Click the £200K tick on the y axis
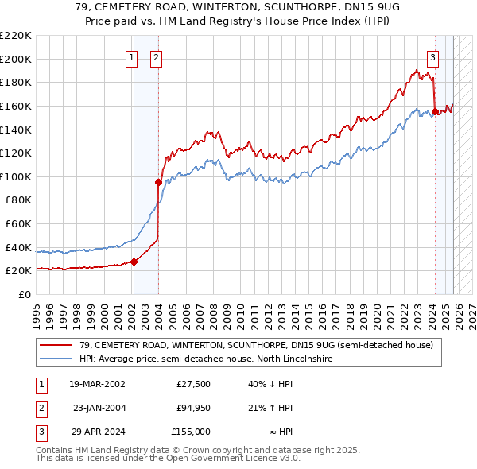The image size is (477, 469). [x=16, y=59]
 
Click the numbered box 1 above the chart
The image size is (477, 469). [x=131, y=56]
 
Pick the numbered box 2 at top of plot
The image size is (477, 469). [x=157, y=56]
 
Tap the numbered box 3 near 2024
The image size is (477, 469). [x=432, y=56]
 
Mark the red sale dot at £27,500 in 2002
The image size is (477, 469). [x=134, y=262]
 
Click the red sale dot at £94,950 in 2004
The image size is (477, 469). [x=158, y=182]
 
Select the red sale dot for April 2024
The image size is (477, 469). [x=435, y=111]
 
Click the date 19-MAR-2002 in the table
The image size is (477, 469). [x=96, y=384]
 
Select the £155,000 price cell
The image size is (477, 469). [x=190, y=432]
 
